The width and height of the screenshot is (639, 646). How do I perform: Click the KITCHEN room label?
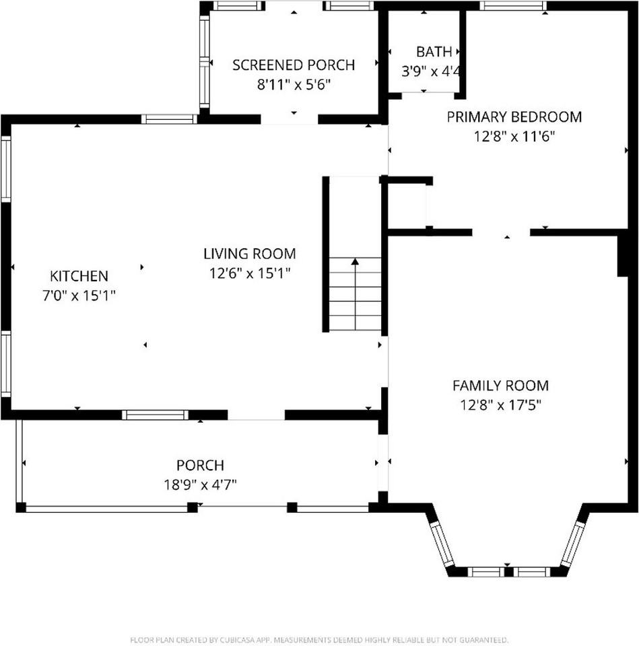pyautogui.click(x=79, y=276)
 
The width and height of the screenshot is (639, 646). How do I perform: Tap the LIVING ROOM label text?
pyautogui.click(x=250, y=254)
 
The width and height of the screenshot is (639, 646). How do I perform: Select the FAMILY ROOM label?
pyautogui.click(x=500, y=386)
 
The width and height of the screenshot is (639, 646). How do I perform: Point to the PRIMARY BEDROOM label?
pyautogui.click(x=514, y=117)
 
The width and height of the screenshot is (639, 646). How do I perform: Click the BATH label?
pyautogui.click(x=434, y=52)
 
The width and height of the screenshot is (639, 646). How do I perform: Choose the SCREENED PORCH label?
pyautogui.click(x=294, y=65)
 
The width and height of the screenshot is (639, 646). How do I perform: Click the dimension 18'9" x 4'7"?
pyautogui.click(x=201, y=485)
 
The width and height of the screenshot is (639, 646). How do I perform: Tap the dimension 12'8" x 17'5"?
pyautogui.click(x=500, y=405)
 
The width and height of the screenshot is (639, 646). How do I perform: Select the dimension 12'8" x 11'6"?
pyautogui.click(x=514, y=137)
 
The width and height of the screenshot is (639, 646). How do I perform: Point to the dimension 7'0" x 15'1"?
pyautogui.click(x=79, y=296)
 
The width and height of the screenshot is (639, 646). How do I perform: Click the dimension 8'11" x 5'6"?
pyautogui.click(x=294, y=85)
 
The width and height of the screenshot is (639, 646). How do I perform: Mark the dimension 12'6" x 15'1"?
pyautogui.click(x=250, y=273)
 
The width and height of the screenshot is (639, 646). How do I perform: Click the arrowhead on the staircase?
pyautogui.click(x=355, y=261)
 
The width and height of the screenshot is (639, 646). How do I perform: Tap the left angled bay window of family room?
pyautogui.click(x=442, y=544)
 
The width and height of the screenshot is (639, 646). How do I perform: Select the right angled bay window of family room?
pyautogui.click(x=573, y=544)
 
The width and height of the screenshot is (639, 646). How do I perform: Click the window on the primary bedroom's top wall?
pyautogui.click(x=513, y=6)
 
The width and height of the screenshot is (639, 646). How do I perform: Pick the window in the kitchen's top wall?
pyautogui.click(x=169, y=119)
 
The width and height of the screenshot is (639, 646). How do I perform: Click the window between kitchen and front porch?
pyautogui.click(x=155, y=415)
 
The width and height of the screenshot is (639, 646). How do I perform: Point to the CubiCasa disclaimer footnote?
pyautogui.click(x=319, y=640)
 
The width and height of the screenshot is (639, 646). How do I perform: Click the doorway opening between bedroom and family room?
pyautogui.click(x=501, y=233)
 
